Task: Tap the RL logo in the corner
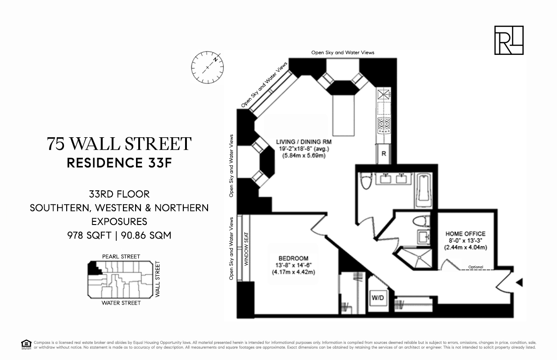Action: click(509, 40)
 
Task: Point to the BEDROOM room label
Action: click(293, 258)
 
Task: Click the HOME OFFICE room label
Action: click(465, 234)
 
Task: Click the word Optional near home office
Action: click(475, 267)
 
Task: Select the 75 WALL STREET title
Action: click(119, 144)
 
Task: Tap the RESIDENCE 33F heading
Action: click(119, 163)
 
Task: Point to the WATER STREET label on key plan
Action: click(121, 303)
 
